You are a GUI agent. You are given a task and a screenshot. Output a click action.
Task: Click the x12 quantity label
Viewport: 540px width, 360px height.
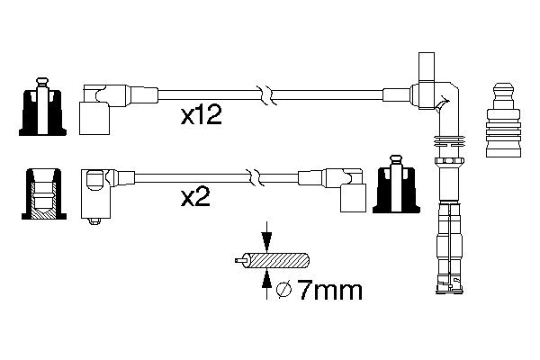point(202,115)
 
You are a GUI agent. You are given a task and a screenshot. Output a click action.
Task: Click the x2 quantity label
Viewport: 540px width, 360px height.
point(195,197)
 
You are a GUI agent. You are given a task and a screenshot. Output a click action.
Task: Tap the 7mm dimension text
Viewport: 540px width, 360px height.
point(330,290)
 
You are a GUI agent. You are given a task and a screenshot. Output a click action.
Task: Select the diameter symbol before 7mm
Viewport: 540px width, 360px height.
point(284,290)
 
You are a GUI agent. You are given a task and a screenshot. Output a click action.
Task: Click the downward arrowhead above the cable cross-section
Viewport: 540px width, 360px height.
point(266,241)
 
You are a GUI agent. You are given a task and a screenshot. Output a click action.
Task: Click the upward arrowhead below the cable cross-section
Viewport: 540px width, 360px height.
point(266,279)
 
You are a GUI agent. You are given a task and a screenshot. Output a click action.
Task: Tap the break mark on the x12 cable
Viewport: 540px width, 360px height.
point(267,95)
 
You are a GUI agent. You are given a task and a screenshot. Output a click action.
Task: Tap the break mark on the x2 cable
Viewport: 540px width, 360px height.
point(255,178)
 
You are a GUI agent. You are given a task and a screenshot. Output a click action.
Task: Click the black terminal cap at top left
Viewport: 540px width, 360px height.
point(42,107)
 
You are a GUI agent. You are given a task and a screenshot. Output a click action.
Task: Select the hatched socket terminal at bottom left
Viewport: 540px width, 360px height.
point(44,194)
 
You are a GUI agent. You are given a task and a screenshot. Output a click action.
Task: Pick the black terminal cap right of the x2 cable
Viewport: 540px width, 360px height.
point(396,184)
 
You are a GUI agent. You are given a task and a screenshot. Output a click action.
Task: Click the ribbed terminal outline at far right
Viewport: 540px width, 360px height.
point(503,120)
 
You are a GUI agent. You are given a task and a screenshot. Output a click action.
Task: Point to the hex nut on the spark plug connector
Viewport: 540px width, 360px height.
point(448,160)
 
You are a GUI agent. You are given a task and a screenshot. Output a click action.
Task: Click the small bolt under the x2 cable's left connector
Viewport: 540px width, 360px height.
point(94,221)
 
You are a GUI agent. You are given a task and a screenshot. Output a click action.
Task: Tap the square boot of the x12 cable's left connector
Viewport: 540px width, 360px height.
point(94,118)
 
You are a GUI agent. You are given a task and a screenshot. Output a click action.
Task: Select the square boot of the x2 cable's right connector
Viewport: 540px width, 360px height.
point(353,198)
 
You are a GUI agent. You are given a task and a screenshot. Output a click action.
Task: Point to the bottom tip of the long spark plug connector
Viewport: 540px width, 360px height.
point(449,292)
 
